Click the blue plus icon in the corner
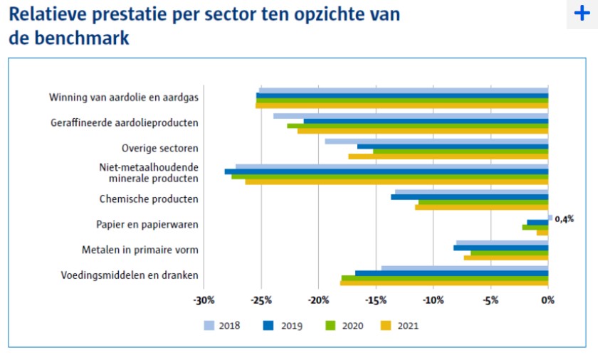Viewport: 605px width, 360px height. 582,14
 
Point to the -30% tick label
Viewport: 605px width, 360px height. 204,300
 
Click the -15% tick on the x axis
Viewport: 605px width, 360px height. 377,300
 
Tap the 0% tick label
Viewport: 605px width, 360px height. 547,300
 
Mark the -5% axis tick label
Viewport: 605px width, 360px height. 490,300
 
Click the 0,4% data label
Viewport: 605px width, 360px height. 564,219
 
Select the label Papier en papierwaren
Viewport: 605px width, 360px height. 147,225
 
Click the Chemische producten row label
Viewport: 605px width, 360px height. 149,199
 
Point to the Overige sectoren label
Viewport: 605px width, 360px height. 160,148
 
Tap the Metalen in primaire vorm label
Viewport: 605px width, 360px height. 140,250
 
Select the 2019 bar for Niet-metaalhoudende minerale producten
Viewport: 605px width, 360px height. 386,171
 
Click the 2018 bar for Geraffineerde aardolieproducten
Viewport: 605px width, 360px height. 410,116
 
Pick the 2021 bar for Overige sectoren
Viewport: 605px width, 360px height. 448,157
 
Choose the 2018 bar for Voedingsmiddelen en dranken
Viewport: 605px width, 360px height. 464,268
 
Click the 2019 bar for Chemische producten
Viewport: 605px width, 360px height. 469,197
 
